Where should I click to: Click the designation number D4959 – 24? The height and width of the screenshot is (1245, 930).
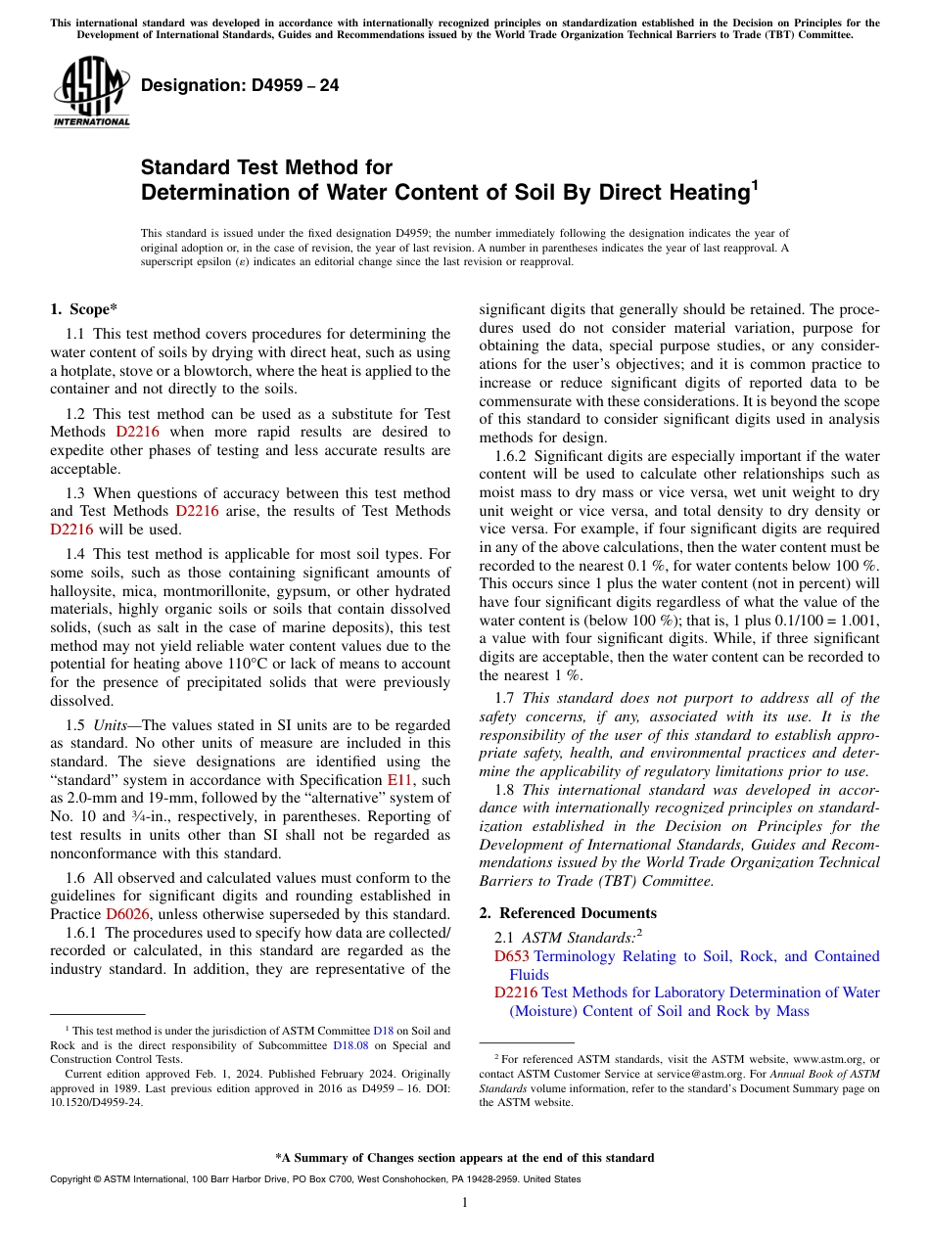point(241,85)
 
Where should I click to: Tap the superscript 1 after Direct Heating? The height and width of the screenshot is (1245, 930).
point(754,183)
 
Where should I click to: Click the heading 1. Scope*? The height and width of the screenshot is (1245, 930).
point(84,309)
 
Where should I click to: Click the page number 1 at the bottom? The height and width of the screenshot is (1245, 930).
point(465,1202)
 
